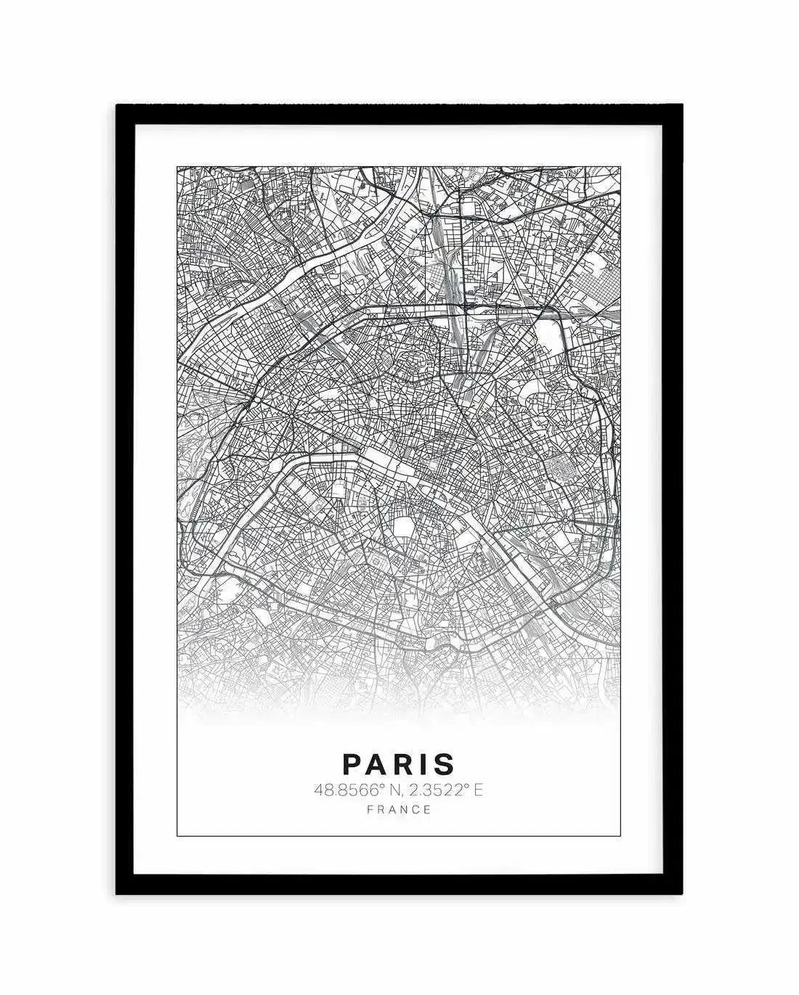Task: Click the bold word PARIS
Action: click(399, 763)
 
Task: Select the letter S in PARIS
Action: click(445, 763)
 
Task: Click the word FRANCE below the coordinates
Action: click(399, 809)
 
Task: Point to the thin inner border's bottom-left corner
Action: click(178, 836)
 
